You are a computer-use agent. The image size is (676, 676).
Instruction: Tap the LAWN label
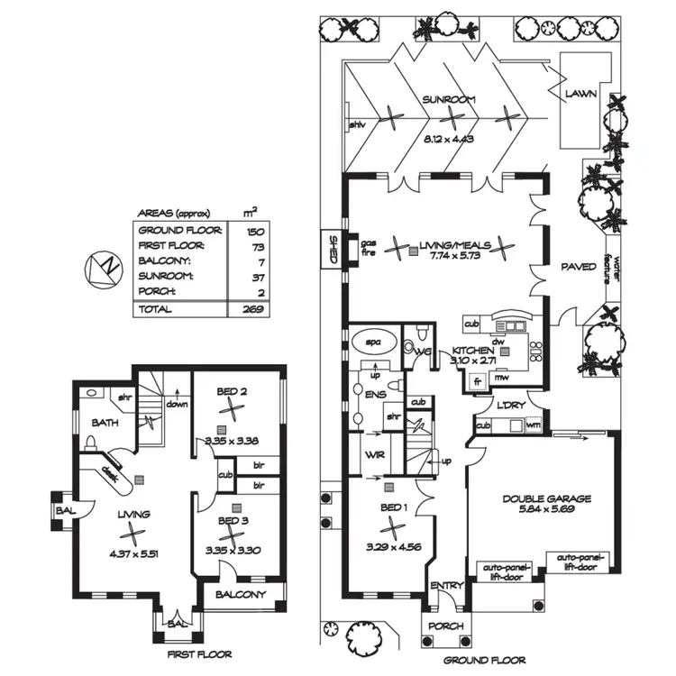581,93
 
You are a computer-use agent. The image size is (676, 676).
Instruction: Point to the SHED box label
332,248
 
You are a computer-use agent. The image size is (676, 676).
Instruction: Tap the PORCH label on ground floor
446,626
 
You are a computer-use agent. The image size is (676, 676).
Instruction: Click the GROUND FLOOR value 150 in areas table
254,231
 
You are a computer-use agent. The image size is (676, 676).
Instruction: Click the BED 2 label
233,391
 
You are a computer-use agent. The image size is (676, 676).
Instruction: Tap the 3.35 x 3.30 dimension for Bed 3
233,550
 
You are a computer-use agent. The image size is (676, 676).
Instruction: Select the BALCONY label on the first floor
241,595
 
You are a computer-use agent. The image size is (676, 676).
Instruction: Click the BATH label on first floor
105,422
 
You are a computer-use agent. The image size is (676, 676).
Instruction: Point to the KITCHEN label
472,350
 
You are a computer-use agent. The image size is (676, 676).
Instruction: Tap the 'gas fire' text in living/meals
368,248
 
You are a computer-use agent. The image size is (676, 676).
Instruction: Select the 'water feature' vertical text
619,268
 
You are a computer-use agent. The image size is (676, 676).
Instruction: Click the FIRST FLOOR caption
198,654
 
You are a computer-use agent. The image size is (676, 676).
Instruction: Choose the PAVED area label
578,267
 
